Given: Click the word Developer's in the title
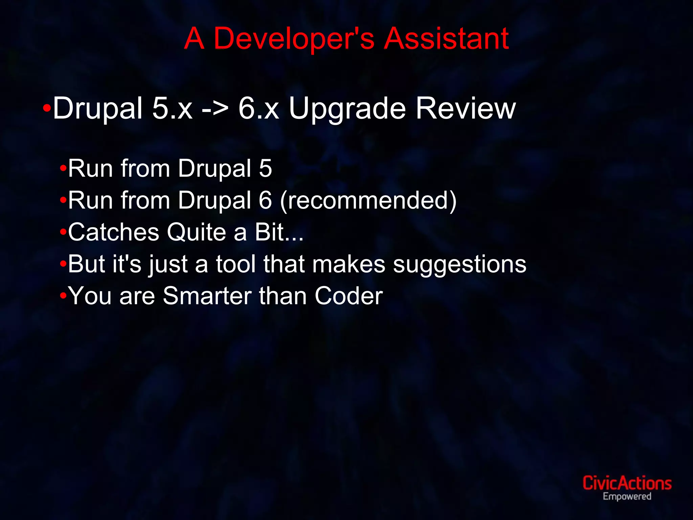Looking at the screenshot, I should (x=294, y=39).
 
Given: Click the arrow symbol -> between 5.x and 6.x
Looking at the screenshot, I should (x=215, y=109).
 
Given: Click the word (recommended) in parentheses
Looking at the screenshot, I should (x=368, y=201).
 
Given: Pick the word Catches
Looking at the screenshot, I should (x=113, y=232).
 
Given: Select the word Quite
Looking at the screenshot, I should (x=196, y=233).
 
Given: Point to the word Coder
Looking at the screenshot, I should (x=349, y=296).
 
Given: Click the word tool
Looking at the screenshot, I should (x=236, y=264).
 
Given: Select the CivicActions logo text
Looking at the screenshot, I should (x=627, y=483).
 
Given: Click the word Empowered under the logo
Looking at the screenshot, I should (x=627, y=497).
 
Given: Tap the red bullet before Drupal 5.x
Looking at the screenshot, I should (x=47, y=109).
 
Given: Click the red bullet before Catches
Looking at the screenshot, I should (x=63, y=232).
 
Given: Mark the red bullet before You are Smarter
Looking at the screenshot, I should (x=63, y=296).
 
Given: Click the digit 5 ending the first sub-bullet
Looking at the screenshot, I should (x=265, y=169).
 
